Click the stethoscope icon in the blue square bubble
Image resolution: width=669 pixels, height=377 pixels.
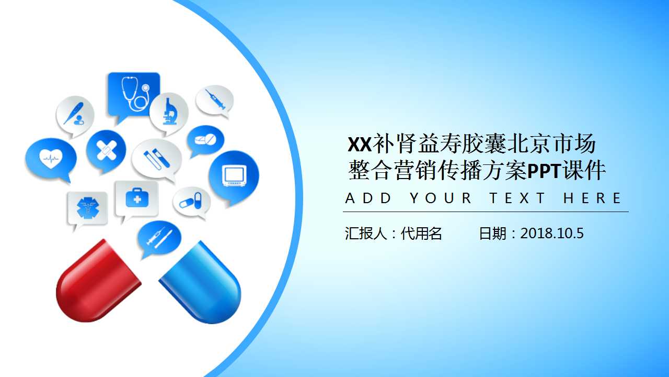tap(134, 94)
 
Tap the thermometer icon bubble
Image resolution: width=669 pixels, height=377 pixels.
tap(75, 115)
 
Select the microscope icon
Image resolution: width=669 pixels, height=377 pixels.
tap(169, 112)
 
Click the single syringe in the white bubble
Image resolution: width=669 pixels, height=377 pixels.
tap(214, 99)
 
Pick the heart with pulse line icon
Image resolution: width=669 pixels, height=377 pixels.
tap(51, 157)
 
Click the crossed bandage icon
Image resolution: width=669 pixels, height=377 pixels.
tap(106, 149)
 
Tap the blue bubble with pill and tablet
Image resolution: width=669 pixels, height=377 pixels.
tap(205, 140)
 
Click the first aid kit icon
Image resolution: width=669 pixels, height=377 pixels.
tap(137, 198)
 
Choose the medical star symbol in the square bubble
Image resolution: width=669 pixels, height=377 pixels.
tap(87, 208)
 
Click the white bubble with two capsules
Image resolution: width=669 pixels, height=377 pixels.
tap(191, 202)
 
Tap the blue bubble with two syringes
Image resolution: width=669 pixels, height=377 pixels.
tap(158, 238)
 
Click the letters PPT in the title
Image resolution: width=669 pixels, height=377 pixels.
tap(544, 171)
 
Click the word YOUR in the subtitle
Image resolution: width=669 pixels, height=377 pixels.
tap(441, 198)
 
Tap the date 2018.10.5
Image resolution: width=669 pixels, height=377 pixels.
tap(551, 234)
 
